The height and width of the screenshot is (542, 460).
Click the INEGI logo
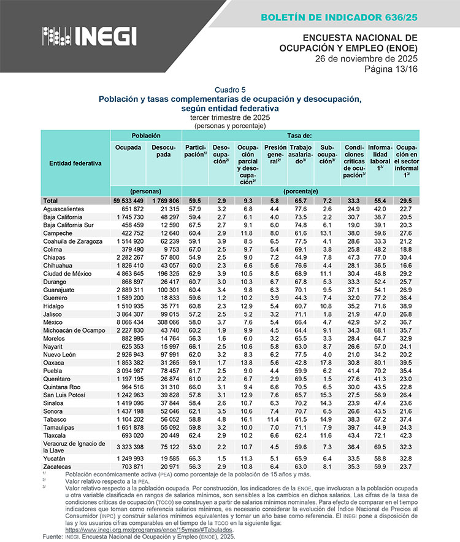89,36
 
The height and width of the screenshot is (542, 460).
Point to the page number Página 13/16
390,68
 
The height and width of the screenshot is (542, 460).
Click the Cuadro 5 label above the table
230,90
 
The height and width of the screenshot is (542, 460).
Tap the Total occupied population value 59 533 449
128,201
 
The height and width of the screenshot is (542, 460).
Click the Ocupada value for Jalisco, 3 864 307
129,313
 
